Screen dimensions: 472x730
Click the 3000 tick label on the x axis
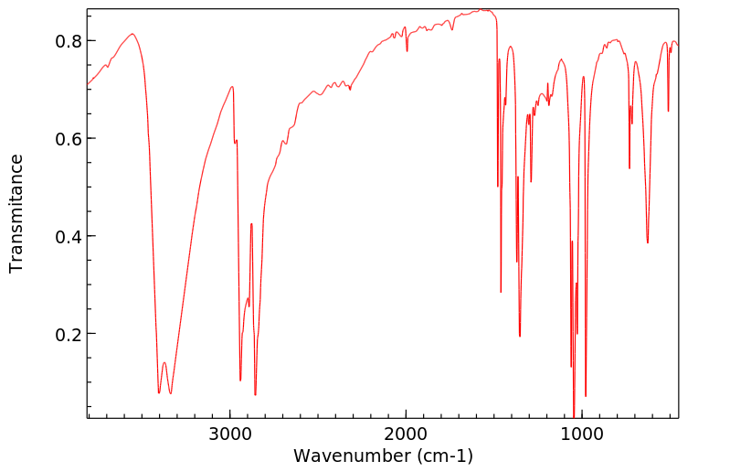tap(230, 434)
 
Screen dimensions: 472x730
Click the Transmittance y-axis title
tap(16, 213)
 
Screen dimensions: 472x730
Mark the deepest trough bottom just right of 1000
tap(574, 416)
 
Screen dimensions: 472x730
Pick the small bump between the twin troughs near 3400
tap(164, 363)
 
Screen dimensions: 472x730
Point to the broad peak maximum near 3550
tap(132, 35)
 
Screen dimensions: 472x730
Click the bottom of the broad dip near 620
tap(648, 242)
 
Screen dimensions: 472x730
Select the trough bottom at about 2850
tap(255, 394)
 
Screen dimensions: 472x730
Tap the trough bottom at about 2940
tap(240, 380)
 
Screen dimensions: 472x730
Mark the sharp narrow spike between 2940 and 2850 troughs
tap(251, 223)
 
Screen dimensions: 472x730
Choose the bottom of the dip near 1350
tap(520, 336)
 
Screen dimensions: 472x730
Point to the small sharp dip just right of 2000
tap(407, 50)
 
